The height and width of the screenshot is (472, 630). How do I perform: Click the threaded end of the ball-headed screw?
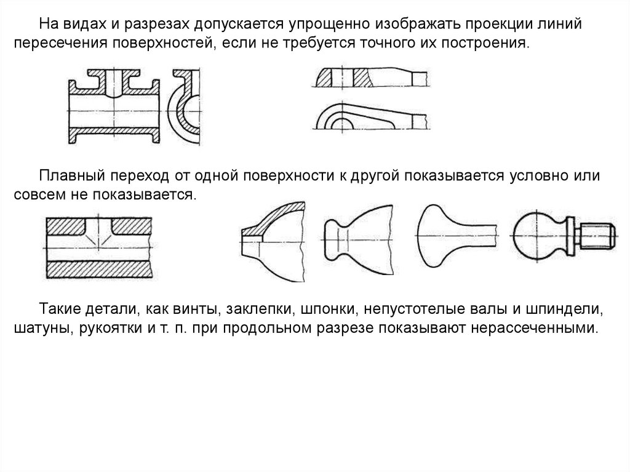597,236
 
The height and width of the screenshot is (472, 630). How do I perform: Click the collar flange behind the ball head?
570,236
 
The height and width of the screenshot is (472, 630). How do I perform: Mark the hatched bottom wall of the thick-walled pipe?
99,270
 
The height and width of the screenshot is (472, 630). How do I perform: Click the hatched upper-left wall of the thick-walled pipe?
65,226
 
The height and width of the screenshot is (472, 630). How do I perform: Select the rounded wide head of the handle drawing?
431,236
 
